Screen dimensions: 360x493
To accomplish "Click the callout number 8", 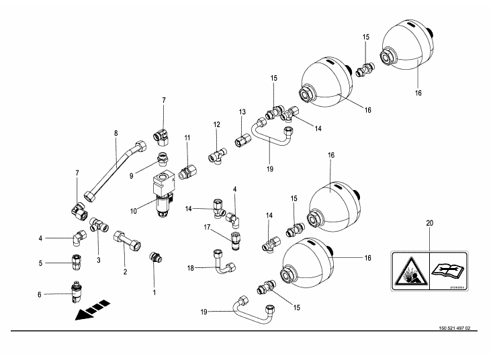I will (x=116, y=133).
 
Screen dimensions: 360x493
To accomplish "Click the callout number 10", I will (x=134, y=211).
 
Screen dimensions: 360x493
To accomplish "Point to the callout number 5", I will (x=41, y=263).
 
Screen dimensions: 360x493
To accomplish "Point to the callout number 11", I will (x=187, y=138).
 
